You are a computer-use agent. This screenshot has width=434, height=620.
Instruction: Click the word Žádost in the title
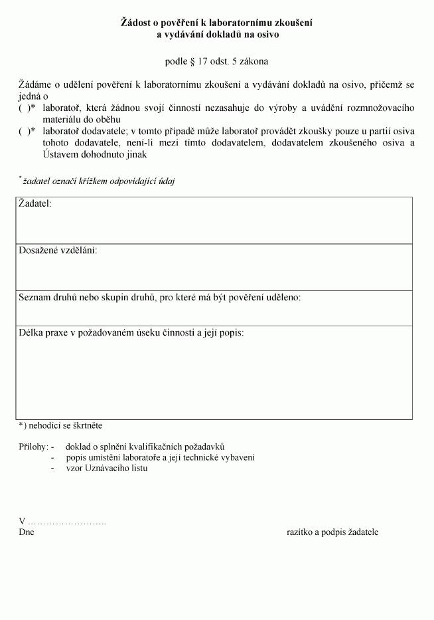[x=136, y=23]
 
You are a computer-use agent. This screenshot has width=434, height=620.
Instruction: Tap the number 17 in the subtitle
[x=202, y=62]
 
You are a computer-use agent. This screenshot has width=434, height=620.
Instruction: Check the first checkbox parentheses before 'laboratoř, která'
[x=25, y=108]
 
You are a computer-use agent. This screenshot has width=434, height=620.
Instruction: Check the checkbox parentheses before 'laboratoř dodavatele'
[x=25, y=132]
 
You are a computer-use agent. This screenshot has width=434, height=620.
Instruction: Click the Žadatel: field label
[x=35, y=203]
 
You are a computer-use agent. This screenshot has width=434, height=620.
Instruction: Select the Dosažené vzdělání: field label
[x=58, y=251]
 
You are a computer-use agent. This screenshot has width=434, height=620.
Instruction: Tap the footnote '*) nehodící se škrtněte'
[x=60, y=425]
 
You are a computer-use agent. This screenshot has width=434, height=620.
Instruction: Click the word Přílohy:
[x=33, y=447]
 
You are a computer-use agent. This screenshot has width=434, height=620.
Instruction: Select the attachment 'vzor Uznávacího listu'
[x=106, y=468]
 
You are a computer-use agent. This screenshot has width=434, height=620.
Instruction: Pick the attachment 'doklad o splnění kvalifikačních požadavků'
[x=145, y=447]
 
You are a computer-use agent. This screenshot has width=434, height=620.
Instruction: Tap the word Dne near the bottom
[x=27, y=532]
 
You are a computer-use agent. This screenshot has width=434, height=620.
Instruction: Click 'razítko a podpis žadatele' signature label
[x=332, y=532]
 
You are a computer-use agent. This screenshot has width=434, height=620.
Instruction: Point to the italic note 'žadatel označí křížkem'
[x=98, y=181]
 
